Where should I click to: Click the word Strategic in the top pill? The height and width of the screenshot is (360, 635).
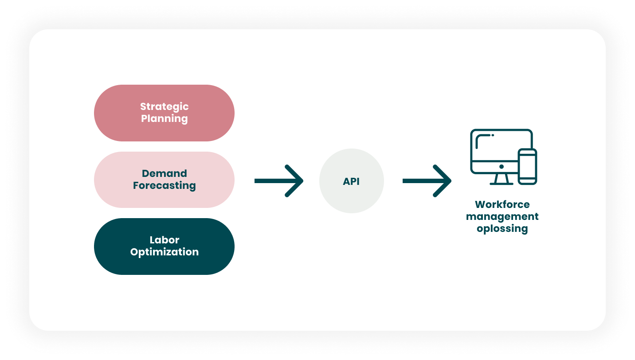[164, 107]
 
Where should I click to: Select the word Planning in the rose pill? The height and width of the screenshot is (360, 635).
[164, 119]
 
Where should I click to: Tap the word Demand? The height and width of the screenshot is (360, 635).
[164, 173]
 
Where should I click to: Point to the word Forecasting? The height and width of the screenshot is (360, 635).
[164, 185]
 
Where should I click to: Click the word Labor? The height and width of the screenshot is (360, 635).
[164, 240]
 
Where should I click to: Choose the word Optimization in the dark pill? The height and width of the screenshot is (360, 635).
[164, 252]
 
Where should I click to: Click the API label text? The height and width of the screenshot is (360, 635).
[351, 181]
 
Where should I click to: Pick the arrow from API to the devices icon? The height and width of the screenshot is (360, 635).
[427, 181]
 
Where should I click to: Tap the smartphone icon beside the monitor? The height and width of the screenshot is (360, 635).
[527, 166]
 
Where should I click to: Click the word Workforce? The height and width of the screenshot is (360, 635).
[502, 204]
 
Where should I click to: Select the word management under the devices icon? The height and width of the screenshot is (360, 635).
[502, 216]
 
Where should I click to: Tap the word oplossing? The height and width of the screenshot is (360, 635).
[502, 229]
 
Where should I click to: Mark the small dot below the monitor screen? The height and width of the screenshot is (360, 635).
[502, 167]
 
